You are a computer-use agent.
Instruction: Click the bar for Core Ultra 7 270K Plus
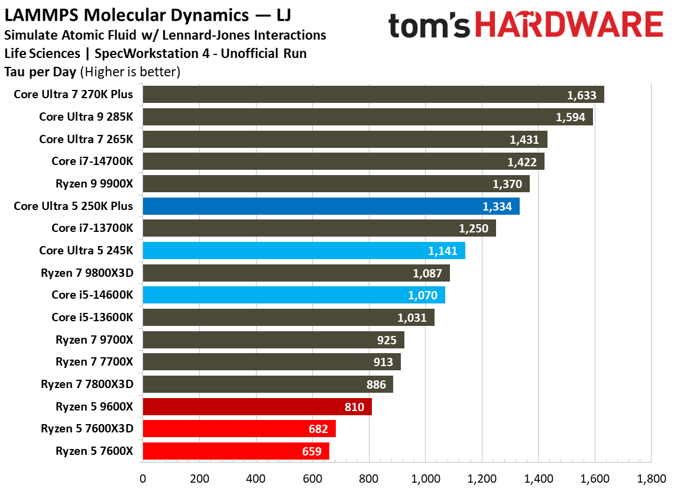[x=372, y=95]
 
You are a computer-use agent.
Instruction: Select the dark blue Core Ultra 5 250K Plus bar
[x=330, y=206]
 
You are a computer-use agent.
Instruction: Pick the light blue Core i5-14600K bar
[x=293, y=295]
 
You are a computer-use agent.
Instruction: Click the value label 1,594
[x=570, y=117]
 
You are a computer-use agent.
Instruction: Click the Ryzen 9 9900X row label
[x=94, y=184]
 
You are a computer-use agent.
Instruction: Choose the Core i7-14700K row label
[x=92, y=161]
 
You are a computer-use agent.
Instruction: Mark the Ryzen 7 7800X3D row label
[x=87, y=384]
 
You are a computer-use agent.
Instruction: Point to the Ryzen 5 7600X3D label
[x=87, y=429]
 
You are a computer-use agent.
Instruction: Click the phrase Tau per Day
[x=40, y=72]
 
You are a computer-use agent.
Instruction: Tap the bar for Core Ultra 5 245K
[x=303, y=251]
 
